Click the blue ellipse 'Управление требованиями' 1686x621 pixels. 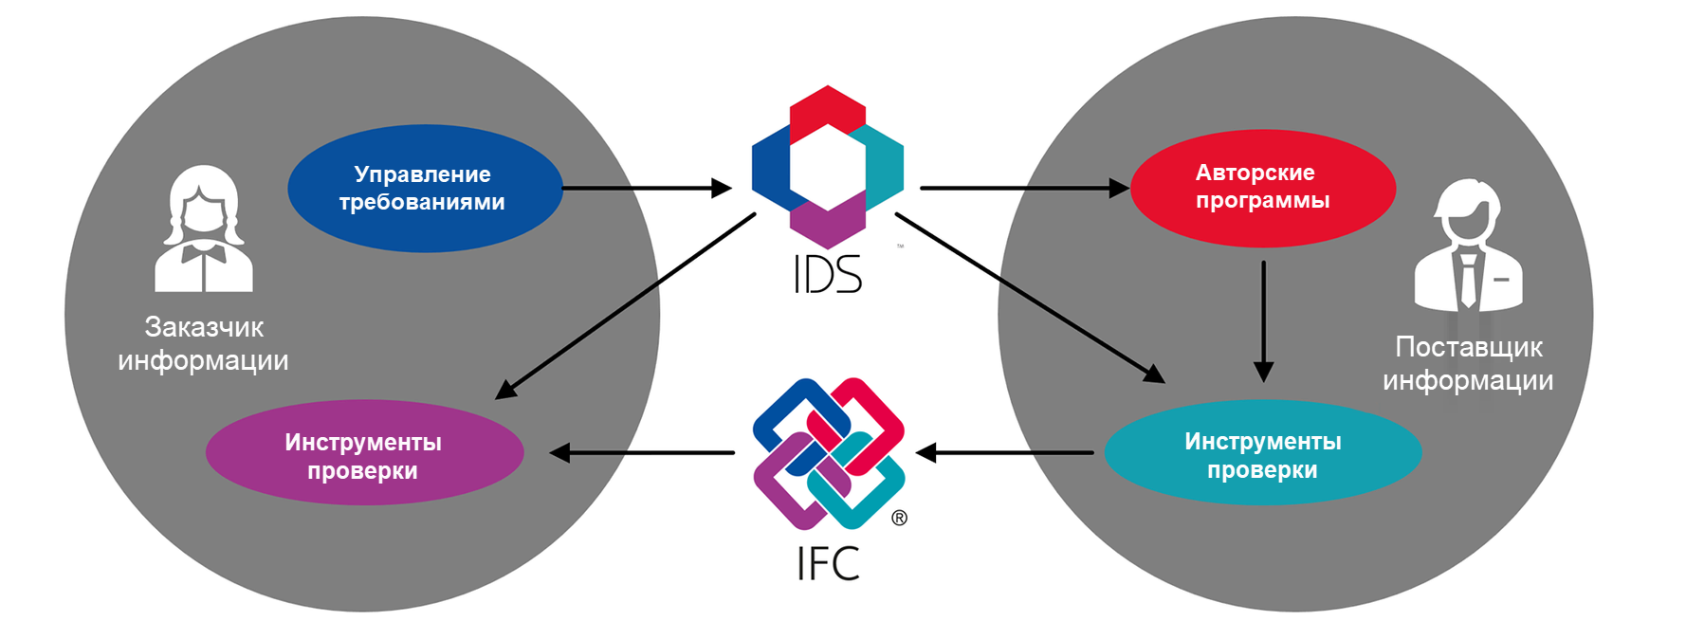click(424, 189)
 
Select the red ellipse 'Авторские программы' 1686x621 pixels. click(1262, 188)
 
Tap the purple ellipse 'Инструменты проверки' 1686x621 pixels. click(364, 453)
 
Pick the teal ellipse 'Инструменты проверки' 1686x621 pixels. click(1262, 453)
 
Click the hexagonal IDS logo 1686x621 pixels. click(827, 166)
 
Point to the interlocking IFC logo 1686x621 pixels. click(828, 453)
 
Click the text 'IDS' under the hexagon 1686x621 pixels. click(827, 275)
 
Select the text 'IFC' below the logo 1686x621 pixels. click(827, 564)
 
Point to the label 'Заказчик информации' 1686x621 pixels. click(204, 343)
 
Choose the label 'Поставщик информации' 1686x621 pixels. click(1468, 363)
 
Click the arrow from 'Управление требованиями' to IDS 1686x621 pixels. click(645, 189)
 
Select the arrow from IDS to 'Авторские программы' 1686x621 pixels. click(1024, 189)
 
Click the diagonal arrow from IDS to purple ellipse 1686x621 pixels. click(626, 305)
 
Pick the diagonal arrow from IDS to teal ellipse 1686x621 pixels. click(1029, 298)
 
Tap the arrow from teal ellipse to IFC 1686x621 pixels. click(1005, 453)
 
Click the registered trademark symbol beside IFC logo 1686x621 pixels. click(899, 518)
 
